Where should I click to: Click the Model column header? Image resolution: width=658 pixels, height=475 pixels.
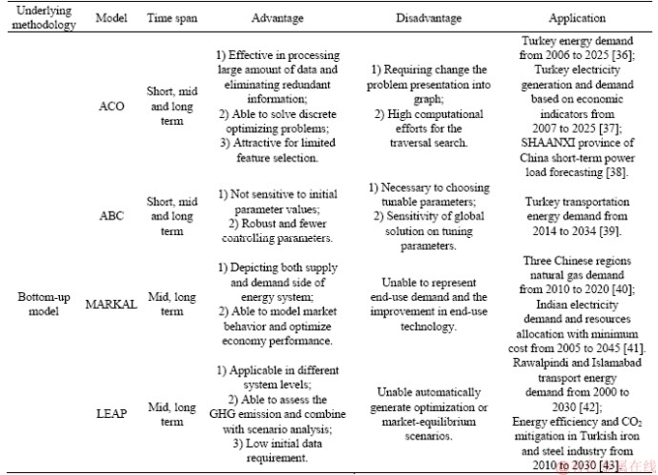pyautogui.click(x=111, y=18)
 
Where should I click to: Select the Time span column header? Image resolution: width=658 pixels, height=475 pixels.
pyautogui.click(x=172, y=18)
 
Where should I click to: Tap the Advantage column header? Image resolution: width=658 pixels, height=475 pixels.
pyautogui.click(x=278, y=18)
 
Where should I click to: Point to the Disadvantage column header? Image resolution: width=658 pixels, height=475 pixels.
pyautogui.click(x=429, y=18)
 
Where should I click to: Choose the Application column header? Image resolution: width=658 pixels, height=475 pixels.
pyautogui.click(x=577, y=18)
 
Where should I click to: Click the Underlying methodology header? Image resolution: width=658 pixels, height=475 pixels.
pyautogui.click(x=44, y=17)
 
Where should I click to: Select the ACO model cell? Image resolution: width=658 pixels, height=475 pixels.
pyautogui.click(x=111, y=105)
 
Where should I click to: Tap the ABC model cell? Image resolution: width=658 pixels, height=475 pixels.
pyautogui.click(x=111, y=216)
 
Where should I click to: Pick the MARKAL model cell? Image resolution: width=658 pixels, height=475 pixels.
pyautogui.click(x=111, y=304)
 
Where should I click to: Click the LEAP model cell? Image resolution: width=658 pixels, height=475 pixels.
pyautogui.click(x=111, y=414)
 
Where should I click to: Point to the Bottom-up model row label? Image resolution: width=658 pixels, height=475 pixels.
pyautogui.click(x=44, y=304)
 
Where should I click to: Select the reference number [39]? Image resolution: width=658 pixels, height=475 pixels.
pyautogui.click(x=610, y=231)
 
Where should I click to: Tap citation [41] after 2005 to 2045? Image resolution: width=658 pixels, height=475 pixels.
pyautogui.click(x=634, y=348)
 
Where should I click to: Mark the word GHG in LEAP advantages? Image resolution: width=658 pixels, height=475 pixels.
pyautogui.click(x=220, y=414)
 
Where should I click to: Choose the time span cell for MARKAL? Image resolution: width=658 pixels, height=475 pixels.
pyautogui.click(x=172, y=304)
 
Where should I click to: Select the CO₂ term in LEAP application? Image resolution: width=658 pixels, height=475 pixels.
pyautogui.click(x=632, y=422)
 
